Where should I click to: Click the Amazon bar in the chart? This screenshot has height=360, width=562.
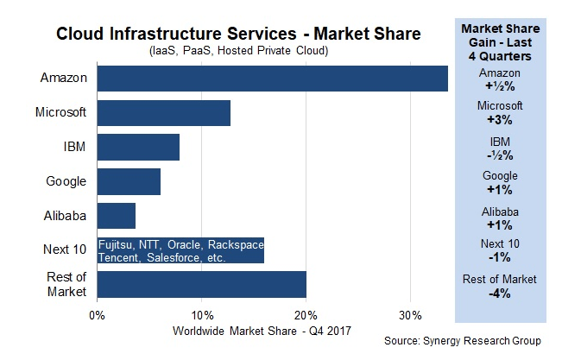(272, 78)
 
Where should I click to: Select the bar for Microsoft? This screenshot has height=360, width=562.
(163, 112)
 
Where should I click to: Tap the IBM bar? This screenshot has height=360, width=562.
(138, 147)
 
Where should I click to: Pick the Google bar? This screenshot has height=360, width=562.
(129, 181)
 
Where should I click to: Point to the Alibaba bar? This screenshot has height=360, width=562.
(117, 216)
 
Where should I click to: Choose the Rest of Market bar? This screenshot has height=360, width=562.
(201, 284)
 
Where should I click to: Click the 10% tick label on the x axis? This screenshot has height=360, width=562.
(201, 313)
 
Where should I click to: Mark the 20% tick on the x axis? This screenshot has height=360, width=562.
(306, 313)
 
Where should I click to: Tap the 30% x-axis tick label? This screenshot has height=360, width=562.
(410, 313)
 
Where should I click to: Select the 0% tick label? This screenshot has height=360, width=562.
(97, 313)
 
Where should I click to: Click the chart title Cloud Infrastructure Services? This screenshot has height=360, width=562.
(238, 35)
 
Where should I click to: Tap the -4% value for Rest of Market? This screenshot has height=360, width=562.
(500, 293)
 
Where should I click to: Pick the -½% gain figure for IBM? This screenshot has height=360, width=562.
(500, 155)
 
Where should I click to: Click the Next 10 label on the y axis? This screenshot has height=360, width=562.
(64, 250)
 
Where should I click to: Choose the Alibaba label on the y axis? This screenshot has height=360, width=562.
(63, 216)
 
